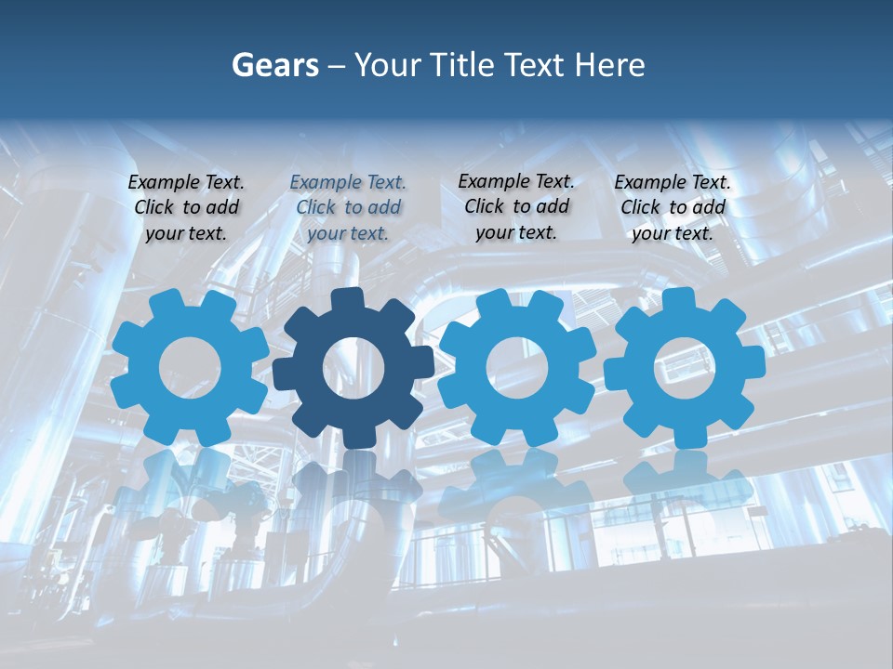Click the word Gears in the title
[x=274, y=65]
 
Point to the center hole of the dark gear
[x=353, y=367]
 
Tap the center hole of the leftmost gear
[x=189, y=367]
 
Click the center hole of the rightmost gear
[x=684, y=367]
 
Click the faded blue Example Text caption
[x=348, y=207]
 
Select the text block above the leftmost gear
[x=186, y=207]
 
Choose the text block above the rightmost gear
[x=673, y=207]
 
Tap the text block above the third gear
[x=516, y=206]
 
